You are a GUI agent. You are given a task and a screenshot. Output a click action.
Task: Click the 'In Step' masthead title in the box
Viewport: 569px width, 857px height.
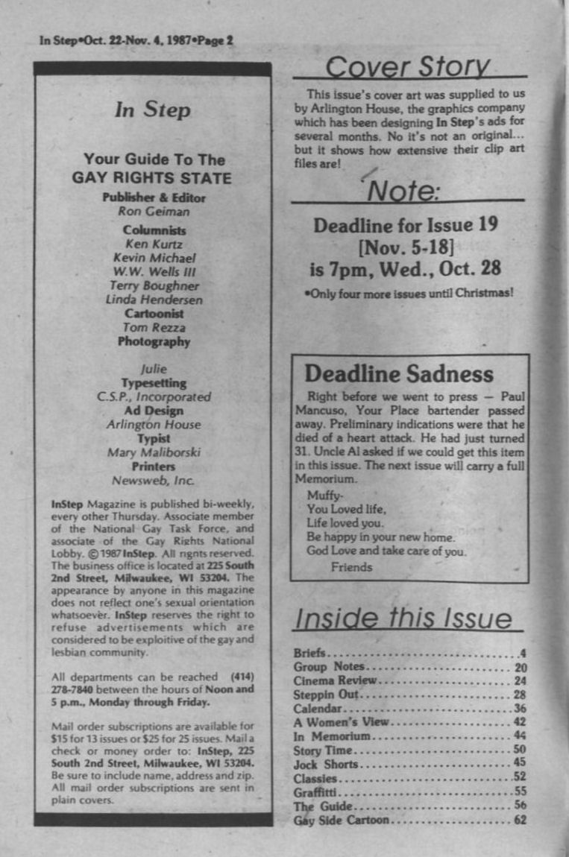tap(152, 110)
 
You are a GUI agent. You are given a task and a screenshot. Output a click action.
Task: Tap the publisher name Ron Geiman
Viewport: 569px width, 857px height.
tap(153, 211)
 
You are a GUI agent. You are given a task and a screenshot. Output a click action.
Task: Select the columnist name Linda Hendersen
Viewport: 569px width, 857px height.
tap(154, 300)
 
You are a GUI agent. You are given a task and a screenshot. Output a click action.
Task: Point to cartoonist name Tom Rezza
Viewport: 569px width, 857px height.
tap(154, 328)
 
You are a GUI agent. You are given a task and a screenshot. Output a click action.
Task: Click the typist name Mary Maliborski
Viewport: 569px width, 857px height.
tap(154, 452)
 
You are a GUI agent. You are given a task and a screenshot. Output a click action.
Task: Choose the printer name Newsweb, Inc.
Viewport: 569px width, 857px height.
tap(153, 480)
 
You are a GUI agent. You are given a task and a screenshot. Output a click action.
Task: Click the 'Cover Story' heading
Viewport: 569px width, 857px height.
tap(408, 66)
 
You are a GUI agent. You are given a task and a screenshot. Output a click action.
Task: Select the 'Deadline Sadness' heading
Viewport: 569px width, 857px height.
tap(398, 373)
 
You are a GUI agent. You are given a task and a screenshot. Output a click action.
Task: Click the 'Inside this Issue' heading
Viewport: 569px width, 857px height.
tap(403, 619)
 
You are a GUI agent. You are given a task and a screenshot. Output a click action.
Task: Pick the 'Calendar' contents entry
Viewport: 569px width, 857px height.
tap(318, 708)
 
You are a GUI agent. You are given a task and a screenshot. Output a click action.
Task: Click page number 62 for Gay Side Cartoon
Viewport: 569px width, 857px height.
tap(520, 820)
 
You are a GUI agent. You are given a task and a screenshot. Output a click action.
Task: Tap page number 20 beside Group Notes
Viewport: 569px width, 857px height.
tap(521, 667)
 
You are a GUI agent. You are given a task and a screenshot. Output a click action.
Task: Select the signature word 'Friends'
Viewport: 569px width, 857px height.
tap(351, 567)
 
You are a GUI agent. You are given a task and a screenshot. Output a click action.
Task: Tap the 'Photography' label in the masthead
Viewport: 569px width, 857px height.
tap(154, 342)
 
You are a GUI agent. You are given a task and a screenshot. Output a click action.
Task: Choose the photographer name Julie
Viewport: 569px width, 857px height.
tap(154, 369)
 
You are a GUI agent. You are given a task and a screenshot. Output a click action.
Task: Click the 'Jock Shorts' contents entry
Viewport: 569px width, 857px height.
tap(326, 765)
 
